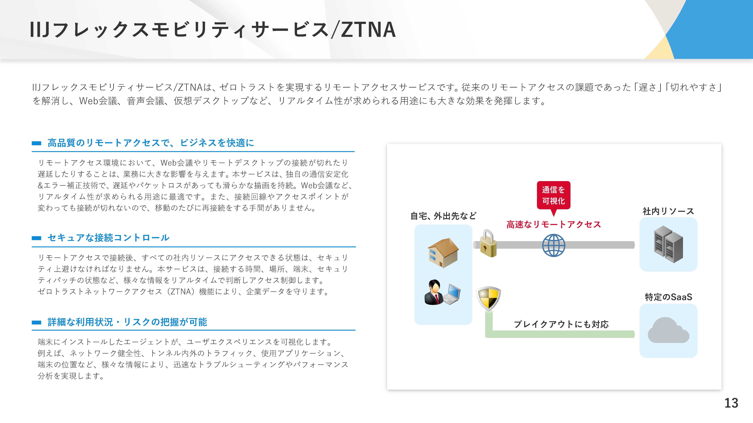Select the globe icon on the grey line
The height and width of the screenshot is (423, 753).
(x=554, y=246)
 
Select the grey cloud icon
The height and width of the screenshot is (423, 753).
(x=668, y=330)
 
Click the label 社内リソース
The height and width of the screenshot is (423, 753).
(x=668, y=211)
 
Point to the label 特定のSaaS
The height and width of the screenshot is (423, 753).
(x=668, y=297)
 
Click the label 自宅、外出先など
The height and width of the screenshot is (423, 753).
(x=443, y=216)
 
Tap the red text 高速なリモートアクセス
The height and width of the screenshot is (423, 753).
(x=554, y=224)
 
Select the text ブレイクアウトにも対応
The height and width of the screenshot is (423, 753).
(x=561, y=324)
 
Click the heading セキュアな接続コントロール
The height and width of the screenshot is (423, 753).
(x=108, y=238)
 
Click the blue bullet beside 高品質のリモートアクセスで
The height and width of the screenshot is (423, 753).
(x=36, y=143)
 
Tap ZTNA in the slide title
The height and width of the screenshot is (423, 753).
(x=368, y=30)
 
